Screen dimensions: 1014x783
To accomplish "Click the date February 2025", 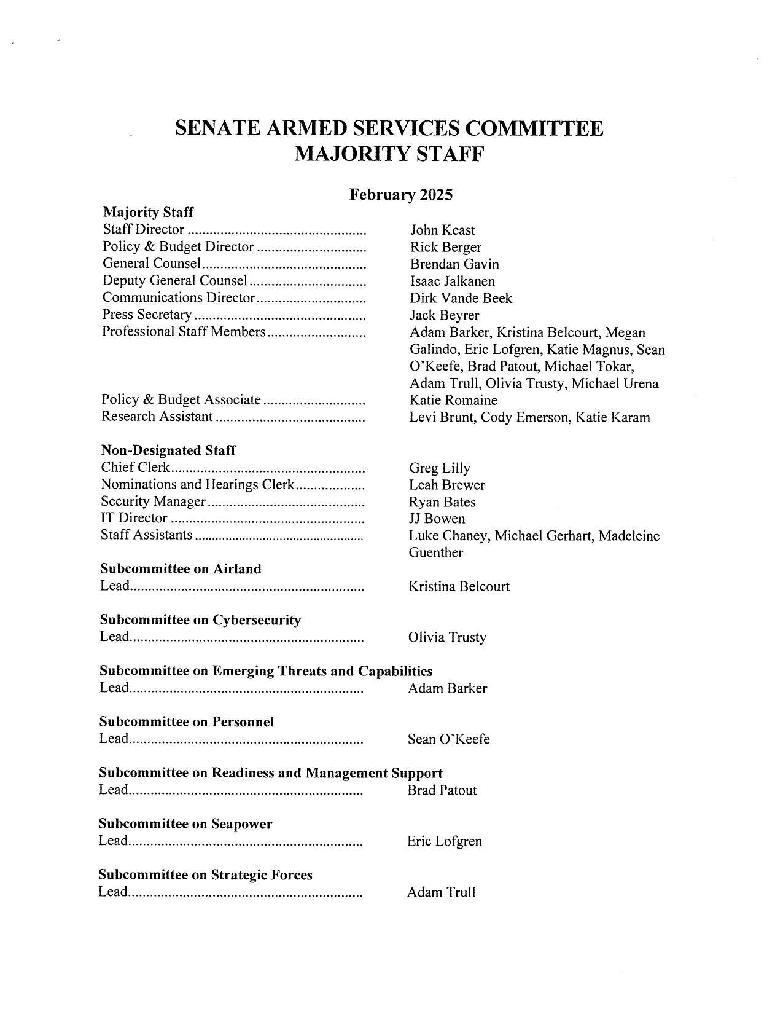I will tap(400, 195).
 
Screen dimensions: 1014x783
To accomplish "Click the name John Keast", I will tap(442, 230).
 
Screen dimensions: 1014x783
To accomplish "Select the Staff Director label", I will tap(143, 230).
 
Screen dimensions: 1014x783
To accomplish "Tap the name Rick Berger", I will tap(445, 248).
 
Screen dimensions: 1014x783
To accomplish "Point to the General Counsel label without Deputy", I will tap(151, 264).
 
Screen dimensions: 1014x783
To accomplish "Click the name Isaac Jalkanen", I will tap(452, 281).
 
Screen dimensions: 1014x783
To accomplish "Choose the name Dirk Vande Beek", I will tap(461, 299).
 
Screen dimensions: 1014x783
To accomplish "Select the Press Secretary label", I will tap(147, 315).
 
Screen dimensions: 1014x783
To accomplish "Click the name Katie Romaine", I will tap(453, 401).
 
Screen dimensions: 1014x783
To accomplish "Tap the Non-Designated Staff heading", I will tap(168, 450).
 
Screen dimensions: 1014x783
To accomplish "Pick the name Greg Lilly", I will tap(439, 468).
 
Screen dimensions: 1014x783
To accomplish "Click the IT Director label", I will tap(134, 518).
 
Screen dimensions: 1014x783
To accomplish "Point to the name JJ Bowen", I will tap(437, 519).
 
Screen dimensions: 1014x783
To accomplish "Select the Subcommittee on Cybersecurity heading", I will tap(200, 620).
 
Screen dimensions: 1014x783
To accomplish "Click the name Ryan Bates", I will tap(442, 502).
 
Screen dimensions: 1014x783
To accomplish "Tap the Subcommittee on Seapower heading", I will tap(185, 824).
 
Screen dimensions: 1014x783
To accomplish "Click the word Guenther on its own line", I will tap(435, 552).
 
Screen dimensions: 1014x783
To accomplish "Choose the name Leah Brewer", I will tap(446, 485).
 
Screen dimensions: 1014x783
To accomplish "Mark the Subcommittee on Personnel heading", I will tap(187, 722).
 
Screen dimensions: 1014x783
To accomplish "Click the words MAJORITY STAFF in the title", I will tap(389, 154).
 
